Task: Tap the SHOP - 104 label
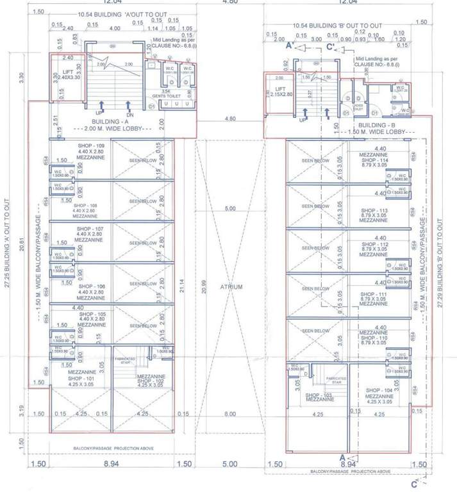point(379,390)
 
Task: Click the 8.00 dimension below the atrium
point(229,414)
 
